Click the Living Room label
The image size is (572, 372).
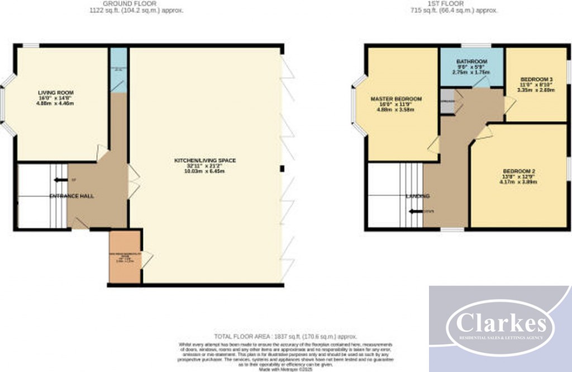click(55, 92)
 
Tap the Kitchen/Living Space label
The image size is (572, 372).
click(206, 161)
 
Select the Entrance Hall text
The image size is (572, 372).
click(71, 196)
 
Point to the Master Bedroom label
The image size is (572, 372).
click(397, 99)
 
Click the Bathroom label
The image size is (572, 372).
click(471, 62)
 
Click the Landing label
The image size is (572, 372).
click(418, 196)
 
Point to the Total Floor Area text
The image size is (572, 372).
click(285, 336)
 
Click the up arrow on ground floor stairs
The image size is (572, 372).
click(60, 180)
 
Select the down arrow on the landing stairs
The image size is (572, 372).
click(415, 211)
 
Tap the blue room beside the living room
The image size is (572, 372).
click(118, 70)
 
